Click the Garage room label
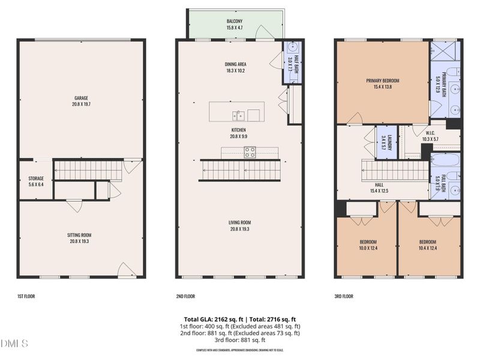[81, 100]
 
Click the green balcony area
[234, 24]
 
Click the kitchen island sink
[239, 114]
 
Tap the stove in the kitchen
[249, 152]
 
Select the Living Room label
[239, 225]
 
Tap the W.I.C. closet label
[430, 136]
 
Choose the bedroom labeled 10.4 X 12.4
[430, 245]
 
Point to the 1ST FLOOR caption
[26, 296]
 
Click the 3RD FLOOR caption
[344, 296]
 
